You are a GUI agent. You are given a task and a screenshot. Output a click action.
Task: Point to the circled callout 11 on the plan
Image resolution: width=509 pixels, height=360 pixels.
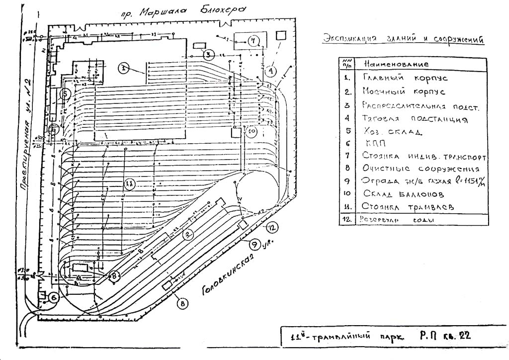[129, 183]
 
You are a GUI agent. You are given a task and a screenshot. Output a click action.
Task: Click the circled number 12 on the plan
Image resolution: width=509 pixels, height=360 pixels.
[270, 228]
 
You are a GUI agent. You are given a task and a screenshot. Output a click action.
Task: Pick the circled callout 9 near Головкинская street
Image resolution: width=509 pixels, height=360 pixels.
[254, 244]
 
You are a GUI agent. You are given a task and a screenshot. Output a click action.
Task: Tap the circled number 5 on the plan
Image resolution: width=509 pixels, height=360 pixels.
[64, 93]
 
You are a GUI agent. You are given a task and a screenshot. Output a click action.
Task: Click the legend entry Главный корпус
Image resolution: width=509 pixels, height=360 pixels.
[405, 79]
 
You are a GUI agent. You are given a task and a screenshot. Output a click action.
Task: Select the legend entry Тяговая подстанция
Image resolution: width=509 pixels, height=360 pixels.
[416, 119]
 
